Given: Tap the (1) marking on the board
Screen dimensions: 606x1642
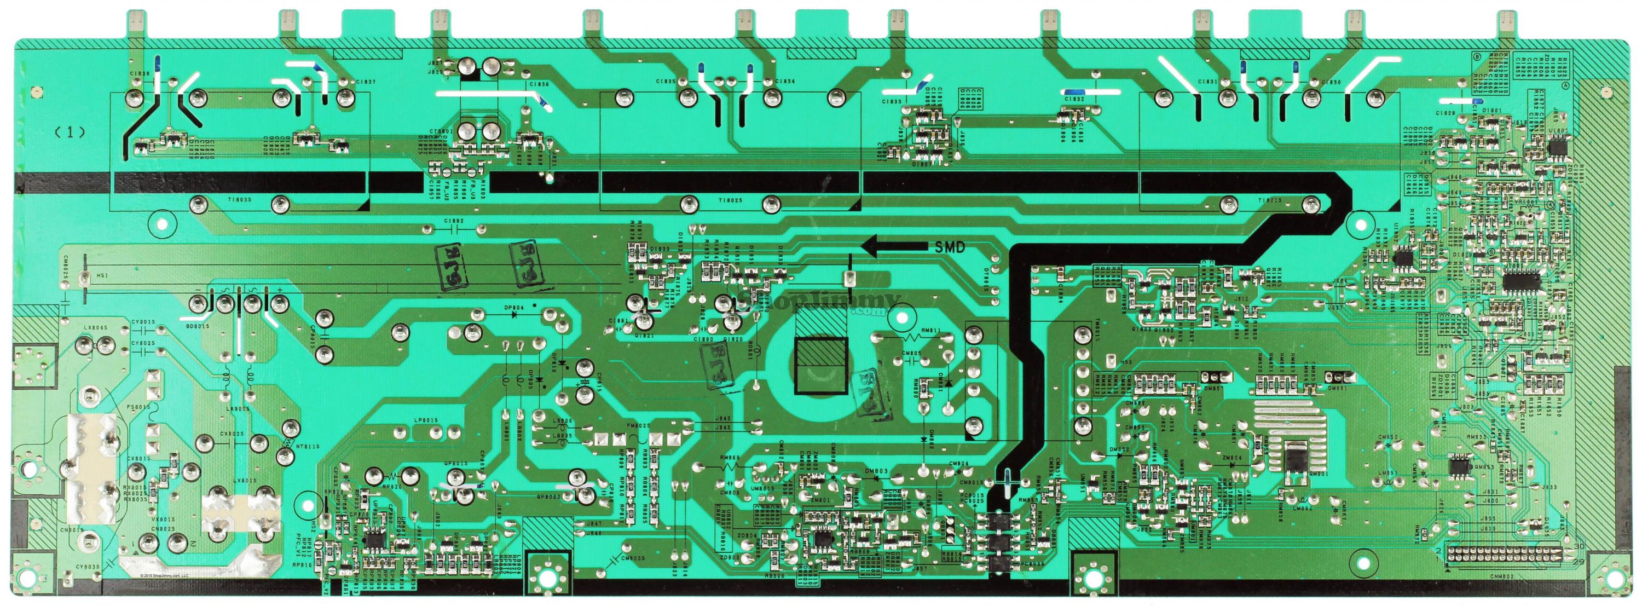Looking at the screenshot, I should click(x=70, y=132).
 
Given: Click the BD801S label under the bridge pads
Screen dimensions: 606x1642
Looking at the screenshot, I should click(x=197, y=326).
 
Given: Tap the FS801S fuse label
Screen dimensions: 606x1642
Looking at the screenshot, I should click(x=139, y=406).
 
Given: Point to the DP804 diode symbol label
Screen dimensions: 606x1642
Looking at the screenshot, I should click(x=514, y=307).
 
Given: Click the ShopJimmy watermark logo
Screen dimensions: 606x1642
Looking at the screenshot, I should click(x=822, y=303).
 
